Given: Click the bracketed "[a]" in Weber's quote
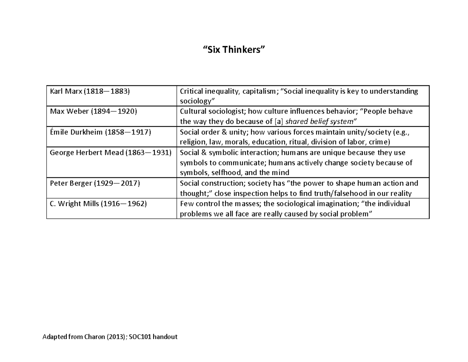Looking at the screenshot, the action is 278,122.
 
